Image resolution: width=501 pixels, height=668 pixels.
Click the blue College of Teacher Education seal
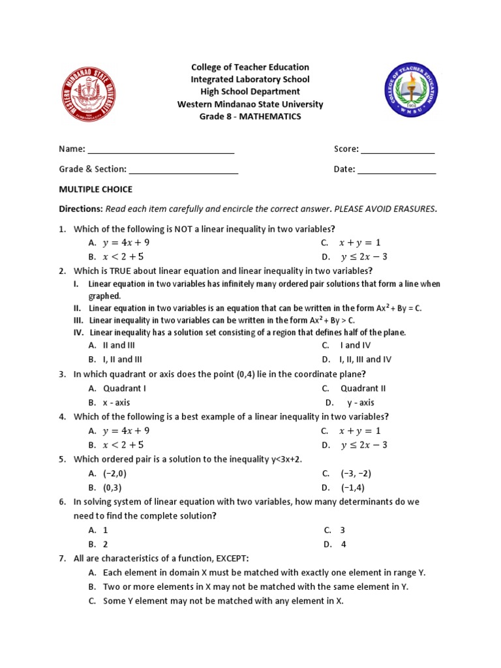[x=411, y=90]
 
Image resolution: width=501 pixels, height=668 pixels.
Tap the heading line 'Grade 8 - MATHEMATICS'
[x=250, y=116]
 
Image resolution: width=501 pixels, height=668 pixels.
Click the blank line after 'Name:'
[x=161, y=151]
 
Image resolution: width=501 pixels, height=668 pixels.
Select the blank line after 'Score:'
[x=397, y=151]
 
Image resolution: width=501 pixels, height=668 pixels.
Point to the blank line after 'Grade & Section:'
[x=183, y=171]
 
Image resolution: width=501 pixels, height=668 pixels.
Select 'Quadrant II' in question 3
[x=363, y=388]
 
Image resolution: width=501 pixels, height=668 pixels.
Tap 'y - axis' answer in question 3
[x=361, y=402]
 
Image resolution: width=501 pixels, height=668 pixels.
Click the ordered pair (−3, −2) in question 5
[x=356, y=474]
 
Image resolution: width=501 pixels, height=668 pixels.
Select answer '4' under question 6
[x=343, y=543]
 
